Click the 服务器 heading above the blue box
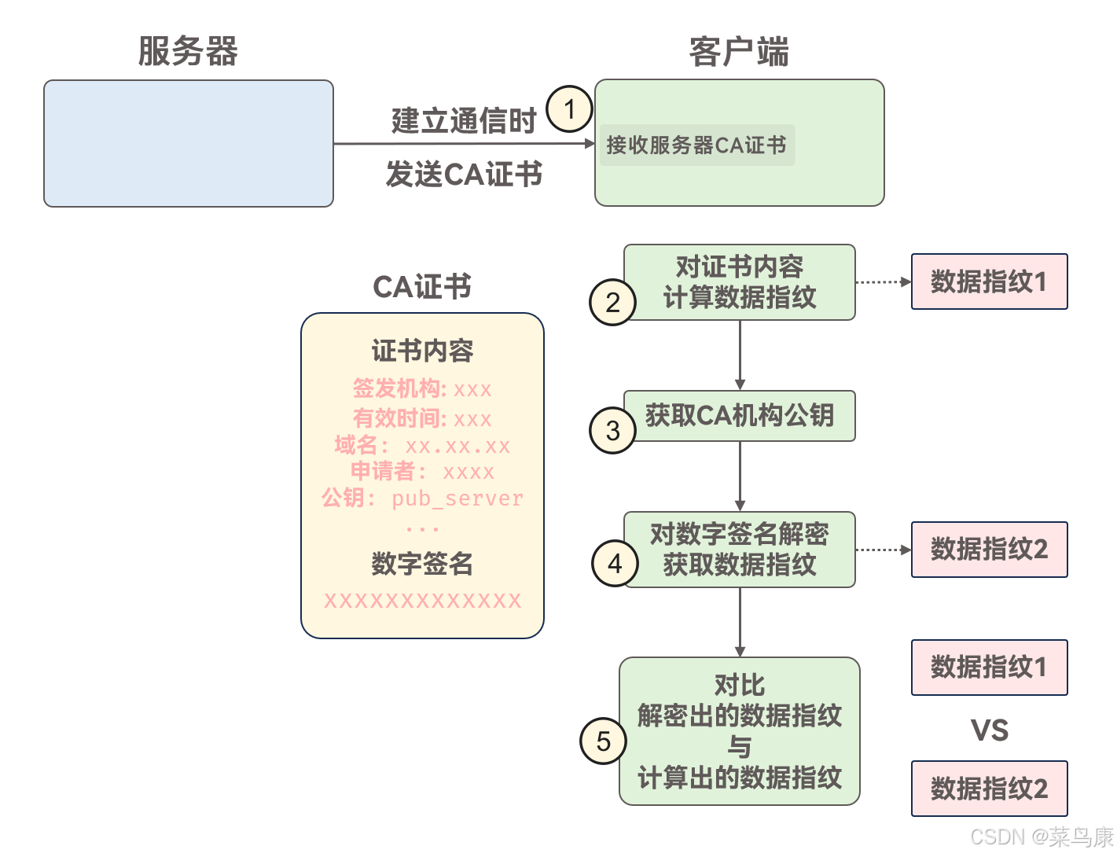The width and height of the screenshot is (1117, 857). [x=188, y=52]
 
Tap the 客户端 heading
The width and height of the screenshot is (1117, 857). [x=739, y=52]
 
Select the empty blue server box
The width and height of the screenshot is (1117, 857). [x=189, y=143]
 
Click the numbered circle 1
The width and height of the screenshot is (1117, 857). [x=569, y=109]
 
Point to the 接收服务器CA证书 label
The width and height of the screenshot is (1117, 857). [x=696, y=145]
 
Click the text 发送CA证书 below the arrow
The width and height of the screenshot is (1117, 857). [x=464, y=175]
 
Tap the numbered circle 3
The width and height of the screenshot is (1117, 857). [x=613, y=430]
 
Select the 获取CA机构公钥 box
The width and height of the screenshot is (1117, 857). [x=740, y=416]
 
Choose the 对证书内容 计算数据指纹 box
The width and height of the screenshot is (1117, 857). [x=740, y=282]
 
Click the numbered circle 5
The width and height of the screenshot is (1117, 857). [x=603, y=741]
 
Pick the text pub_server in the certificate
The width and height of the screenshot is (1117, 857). [x=457, y=498]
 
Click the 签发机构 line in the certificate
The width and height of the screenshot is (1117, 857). [x=422, y=389]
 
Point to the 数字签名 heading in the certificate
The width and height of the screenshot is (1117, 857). [x=422, y=564]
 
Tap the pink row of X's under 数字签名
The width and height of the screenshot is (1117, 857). [x=422, y=601]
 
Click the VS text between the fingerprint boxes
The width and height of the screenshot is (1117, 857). [x=990, y=730]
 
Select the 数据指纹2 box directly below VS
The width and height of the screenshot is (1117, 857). [x=990, y=789]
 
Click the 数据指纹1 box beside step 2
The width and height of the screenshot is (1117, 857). [x=990, y=281]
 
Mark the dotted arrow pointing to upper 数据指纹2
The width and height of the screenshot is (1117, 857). [x=883, y=550]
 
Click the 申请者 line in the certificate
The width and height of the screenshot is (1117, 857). [x=422, y=472]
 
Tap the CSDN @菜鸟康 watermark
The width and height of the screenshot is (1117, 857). [x=1042, y=837]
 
